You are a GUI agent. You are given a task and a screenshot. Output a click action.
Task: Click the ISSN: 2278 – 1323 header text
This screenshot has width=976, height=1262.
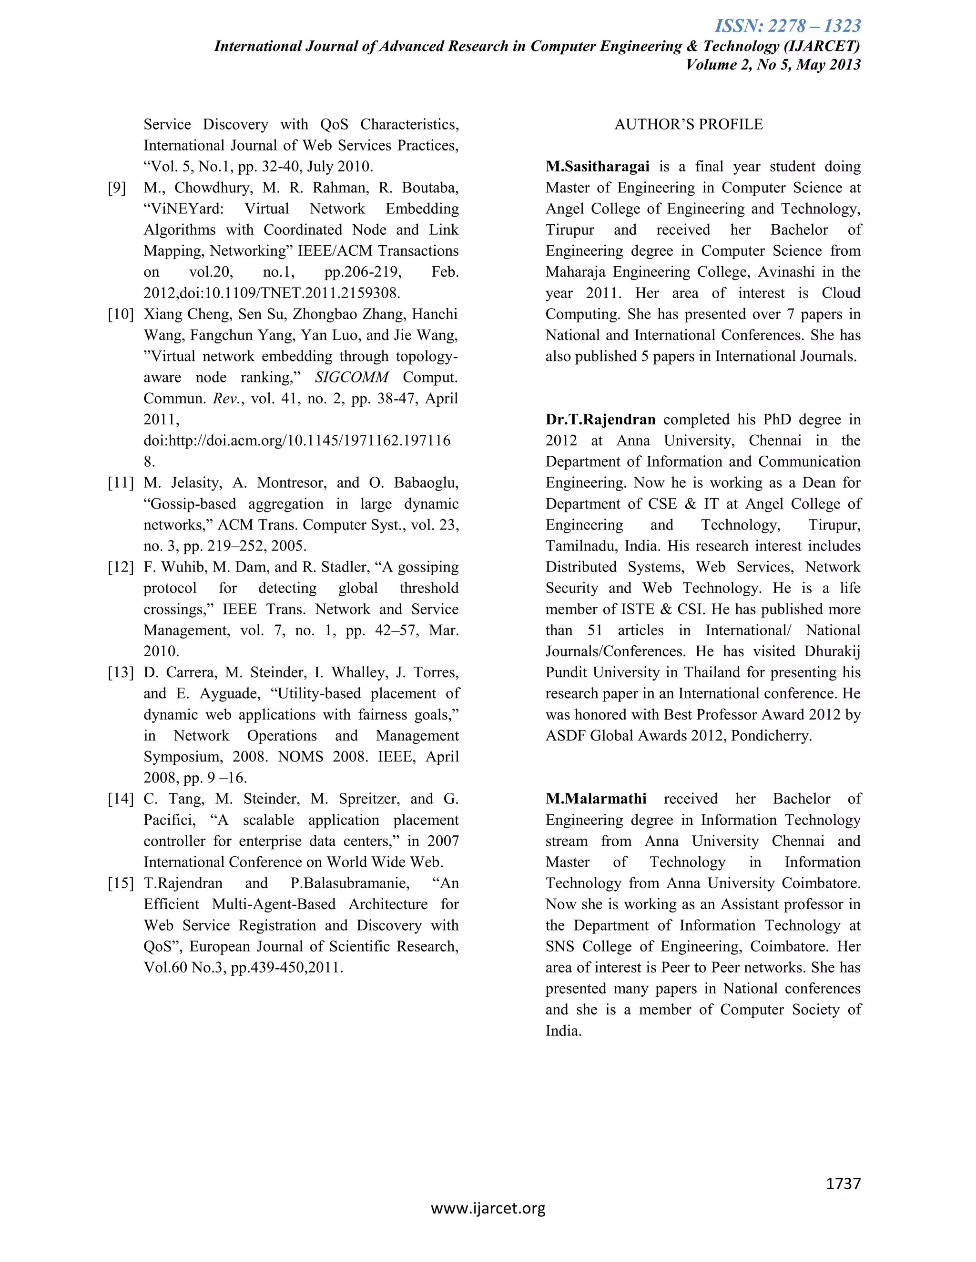(787, 26)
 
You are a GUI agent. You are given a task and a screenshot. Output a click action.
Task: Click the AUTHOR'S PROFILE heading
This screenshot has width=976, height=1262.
(688, 124)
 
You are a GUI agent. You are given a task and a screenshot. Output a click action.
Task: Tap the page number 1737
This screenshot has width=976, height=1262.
(843, 1183)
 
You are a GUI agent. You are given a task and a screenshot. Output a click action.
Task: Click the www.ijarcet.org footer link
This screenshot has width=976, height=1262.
(488, 1208)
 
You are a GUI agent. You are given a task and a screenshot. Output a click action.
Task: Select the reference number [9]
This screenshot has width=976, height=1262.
(117, 188)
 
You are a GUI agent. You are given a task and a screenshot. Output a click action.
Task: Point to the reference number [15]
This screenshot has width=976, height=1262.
(120, 883)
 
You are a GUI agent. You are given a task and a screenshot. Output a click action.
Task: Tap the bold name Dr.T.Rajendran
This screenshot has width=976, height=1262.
(600, 420)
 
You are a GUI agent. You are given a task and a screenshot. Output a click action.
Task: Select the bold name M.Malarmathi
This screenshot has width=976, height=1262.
(596, 799)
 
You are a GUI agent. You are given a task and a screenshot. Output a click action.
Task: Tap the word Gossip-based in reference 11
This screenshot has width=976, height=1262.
(191, 504)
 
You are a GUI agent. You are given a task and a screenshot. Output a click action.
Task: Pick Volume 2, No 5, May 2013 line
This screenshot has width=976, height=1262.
(773, 64)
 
